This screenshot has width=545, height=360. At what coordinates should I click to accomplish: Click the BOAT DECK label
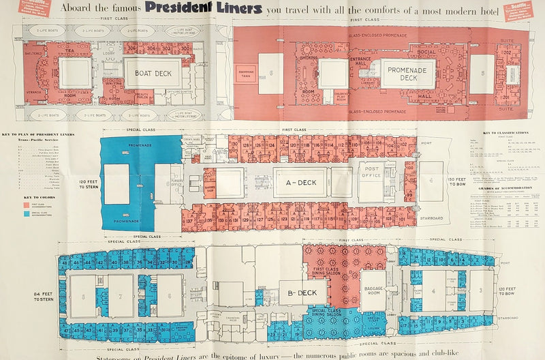click(152, 72)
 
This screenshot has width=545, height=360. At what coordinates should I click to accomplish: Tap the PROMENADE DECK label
click(408, 73)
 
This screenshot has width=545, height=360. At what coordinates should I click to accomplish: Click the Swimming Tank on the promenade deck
click(246, 74)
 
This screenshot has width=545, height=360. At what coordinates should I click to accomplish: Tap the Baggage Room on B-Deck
click(373, 291)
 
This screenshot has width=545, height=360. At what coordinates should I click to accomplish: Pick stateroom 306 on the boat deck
click(132, 48)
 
